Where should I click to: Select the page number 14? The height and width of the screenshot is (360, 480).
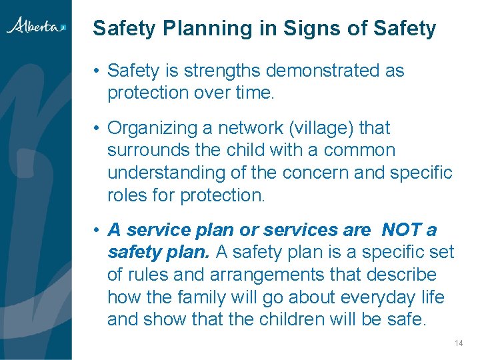458,343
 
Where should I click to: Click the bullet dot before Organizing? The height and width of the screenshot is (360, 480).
97,128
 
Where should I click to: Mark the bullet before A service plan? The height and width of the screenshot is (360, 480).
97,230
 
